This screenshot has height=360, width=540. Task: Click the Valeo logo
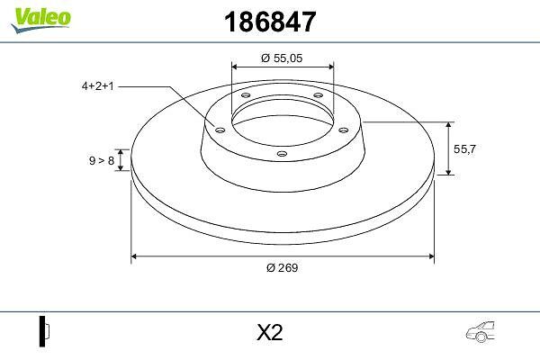pyautogui.click(x=41, y=20)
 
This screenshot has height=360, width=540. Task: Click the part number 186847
pyautogui.click(x=270, y=22)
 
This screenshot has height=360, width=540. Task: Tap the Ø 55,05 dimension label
pyautogui.click(x=282, y=58)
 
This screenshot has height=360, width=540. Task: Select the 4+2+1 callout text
pyautogui.click(x=97, y=85)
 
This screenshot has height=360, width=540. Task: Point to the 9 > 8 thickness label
pyautogui.click(x=102, y=160)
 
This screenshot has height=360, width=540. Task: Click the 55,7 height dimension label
pyautogui.click(x=464, y=149)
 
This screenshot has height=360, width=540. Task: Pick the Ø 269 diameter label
pyautogui.click(x=282, y=267)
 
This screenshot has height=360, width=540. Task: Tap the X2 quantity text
pyautogui.click(x=270, y=332)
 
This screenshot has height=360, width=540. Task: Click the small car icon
pyautogui.click(x=481, y=332)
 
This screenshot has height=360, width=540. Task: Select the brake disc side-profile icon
pyautogui.click(x=44, y=331)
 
